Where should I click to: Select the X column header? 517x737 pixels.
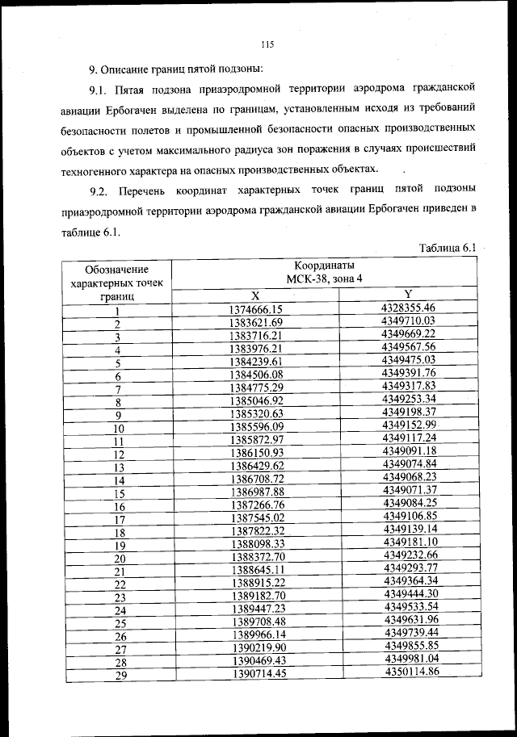254,295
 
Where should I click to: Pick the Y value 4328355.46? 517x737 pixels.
409,308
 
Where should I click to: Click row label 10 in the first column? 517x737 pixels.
119,429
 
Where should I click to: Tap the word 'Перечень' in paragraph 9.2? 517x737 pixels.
145,190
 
